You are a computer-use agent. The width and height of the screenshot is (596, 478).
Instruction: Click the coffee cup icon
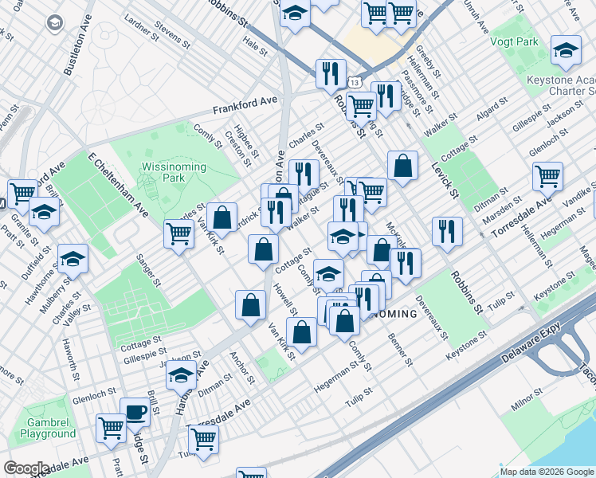135,412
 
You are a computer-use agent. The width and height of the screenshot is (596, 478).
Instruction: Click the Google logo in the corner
26,468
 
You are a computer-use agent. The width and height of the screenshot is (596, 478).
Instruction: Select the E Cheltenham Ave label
118,185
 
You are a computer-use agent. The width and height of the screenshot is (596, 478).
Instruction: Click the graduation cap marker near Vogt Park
566,50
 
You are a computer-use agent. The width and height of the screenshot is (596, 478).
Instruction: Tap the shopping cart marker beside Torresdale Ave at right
547,177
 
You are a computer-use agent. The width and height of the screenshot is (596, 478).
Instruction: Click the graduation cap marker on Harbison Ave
182,374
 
